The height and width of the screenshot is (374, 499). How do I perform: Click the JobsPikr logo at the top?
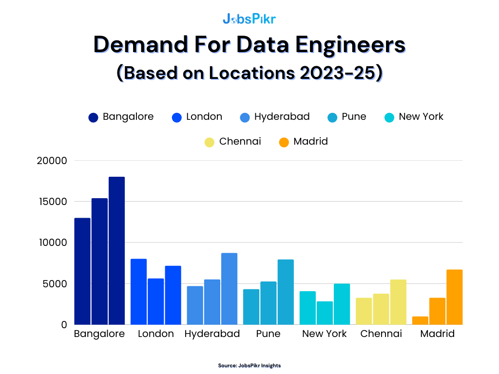pyautogui.click(x=249, y=19)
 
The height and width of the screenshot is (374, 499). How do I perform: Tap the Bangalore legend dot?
pyautogui.click(x=94, y=117)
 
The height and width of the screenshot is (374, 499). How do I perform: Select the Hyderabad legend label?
pyautogui.click(x=282, y=117)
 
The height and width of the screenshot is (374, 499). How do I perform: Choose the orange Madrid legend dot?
pyautogui.click(x=284, y=142)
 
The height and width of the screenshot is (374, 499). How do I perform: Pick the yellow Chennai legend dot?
pyautogui.click(x=210, y=142)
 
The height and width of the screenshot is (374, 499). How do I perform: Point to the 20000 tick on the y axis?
pyautogui.click(x=52, y=161)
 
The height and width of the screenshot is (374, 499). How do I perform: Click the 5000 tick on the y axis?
pyautogui.click(x=55, y=283)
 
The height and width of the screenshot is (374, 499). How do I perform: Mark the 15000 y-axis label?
pyautogui.click(x=52, y=202)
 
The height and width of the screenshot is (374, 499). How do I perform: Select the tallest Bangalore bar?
pyautogui.click(x=116, y=250)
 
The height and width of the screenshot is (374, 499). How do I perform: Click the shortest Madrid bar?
pyautogui.click(x=420, y=320)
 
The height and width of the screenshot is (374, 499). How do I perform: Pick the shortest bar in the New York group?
pyautogui.click(x=325, y=313)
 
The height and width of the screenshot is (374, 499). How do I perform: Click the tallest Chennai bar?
pyautogui.click(x=398, y=302)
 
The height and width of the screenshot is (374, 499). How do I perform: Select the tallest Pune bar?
pyautogui.click(x=286, y=292)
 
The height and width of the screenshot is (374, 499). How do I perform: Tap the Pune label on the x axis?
pyautogui.click(x=268, y=334)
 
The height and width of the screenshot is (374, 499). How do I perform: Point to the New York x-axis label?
pyautogui.click(x=325, y=334)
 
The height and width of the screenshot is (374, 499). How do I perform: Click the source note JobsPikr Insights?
pyautogui.click(x=249, y=365)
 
